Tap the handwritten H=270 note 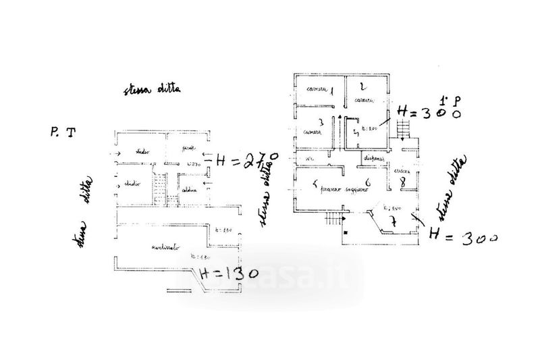(242, 161)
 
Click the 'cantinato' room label (161, 249)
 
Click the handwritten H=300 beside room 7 (462, 238)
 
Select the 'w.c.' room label (310, 159)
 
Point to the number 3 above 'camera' (321, 122)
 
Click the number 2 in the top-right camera (362, 86)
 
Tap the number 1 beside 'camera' (331, 91)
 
